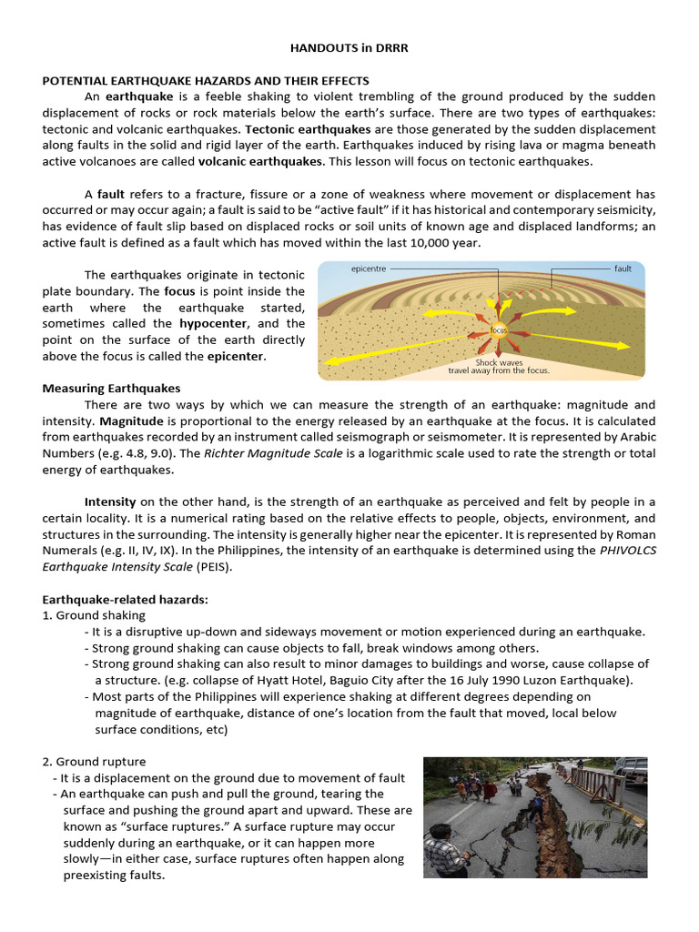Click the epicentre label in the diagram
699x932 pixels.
369,268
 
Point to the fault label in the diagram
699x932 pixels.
623,268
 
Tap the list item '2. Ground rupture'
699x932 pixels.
94,761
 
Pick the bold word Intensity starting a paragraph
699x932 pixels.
110,501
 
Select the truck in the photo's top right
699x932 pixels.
630,769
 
